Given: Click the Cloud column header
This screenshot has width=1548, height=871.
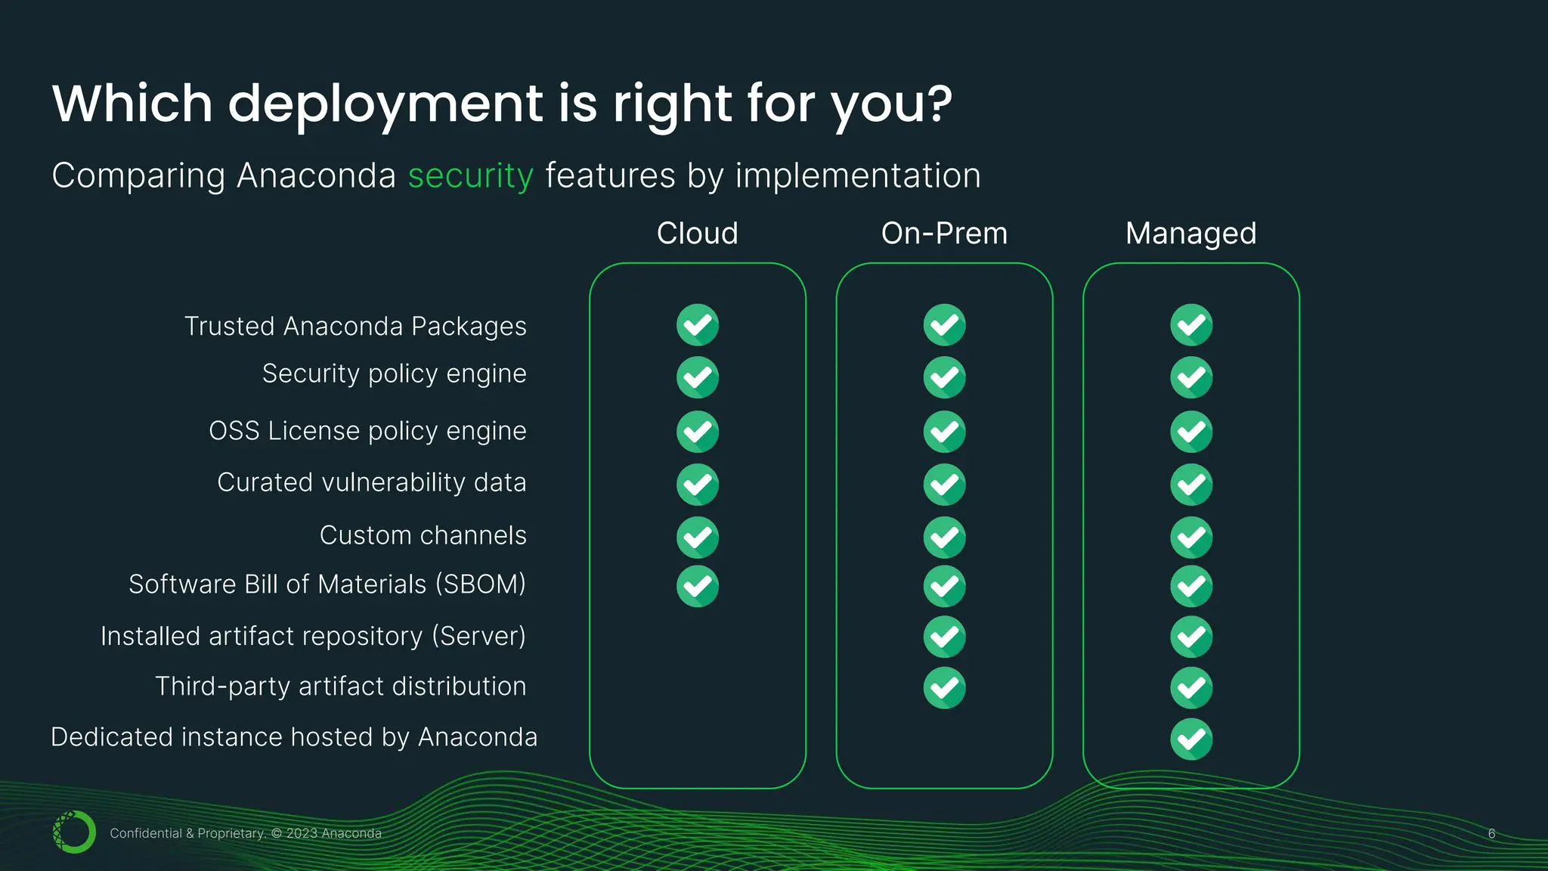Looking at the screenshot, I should pos(697,233).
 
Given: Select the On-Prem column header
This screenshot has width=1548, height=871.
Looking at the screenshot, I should pos(944,233).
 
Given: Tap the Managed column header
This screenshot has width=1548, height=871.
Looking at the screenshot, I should pos(1190,233).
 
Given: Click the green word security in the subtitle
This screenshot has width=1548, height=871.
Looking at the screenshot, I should pos(471,175).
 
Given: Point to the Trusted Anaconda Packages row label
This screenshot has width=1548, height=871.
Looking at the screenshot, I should pos(355,326).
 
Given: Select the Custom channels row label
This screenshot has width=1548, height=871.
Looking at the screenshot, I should pos(423,535).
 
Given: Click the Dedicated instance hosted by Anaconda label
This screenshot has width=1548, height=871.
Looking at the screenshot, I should pos(294,736).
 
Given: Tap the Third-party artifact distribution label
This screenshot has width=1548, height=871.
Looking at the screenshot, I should pos(340,686).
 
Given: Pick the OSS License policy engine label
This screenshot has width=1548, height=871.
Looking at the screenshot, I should pos(367,430).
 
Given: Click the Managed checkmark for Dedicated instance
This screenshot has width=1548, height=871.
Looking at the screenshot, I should pos(1191,739).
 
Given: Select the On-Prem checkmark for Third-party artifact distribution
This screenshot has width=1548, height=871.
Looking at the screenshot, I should pos(944,687).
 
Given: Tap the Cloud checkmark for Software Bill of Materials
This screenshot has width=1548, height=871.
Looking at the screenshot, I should pos(697,586).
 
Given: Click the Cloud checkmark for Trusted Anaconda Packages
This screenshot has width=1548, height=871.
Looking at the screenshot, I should pos(697,325).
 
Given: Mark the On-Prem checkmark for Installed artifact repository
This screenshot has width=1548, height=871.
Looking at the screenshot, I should pos(944,637).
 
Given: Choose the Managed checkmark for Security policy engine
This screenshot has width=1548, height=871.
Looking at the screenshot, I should pos(1191,377).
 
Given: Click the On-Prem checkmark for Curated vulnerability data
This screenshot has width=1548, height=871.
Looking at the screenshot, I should pos(944,484).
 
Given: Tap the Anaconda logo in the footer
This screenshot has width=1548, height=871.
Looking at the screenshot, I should pos(74,832).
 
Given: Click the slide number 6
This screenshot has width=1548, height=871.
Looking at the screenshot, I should pos(1491,833).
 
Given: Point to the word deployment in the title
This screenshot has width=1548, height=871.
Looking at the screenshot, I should pos(385,104).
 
